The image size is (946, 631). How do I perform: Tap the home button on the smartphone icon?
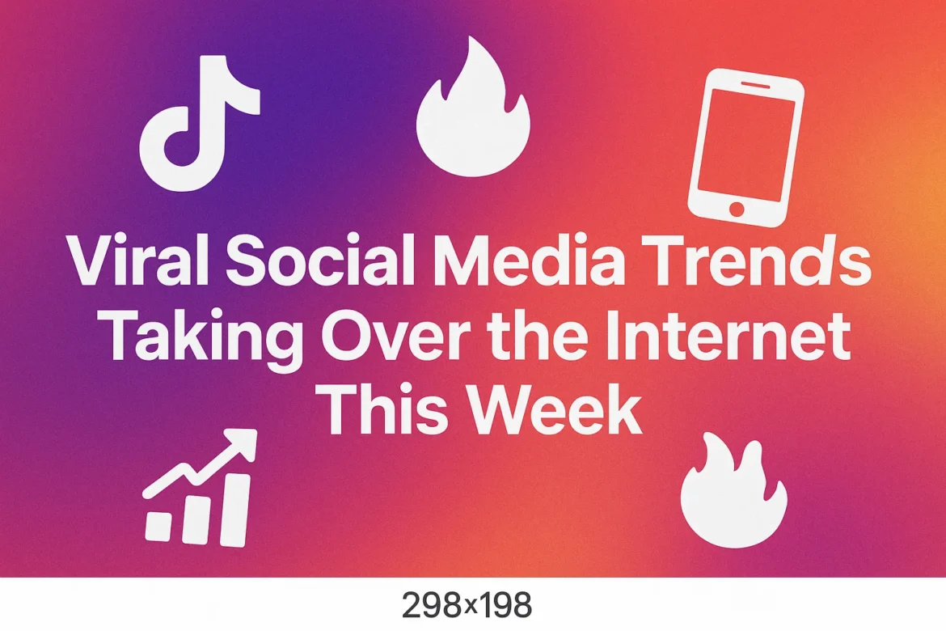[736, 209]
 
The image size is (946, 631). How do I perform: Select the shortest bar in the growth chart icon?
[158, 525]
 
